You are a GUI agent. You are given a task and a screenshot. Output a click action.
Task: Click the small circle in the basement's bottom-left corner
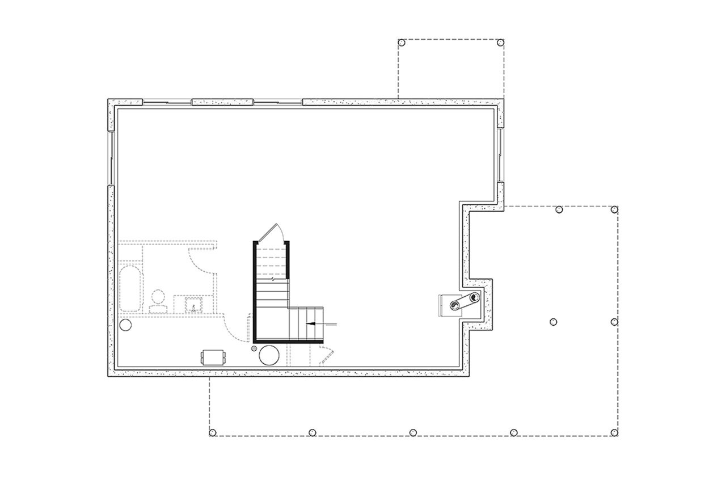coord(125,325)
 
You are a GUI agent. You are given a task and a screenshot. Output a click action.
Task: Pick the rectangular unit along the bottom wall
coord(214,357)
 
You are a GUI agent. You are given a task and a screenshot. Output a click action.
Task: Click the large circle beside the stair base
coord(269,355)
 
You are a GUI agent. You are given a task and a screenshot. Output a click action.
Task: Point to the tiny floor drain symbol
coord(255,348)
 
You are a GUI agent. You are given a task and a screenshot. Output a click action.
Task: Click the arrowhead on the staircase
coord(310,324)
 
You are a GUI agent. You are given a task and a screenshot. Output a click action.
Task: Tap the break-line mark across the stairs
coord(273,279)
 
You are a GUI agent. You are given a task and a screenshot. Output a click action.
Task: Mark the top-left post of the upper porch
coord(402,43)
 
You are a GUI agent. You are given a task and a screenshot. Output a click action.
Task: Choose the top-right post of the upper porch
coord(500,43)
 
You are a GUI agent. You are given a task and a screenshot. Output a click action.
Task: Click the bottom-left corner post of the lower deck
coord(213,433)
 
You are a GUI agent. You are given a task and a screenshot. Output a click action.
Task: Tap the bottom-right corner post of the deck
coord(614,433)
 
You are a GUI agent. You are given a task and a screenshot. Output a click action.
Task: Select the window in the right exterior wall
coord(500,154)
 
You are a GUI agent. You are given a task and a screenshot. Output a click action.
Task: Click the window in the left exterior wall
coord(111,159)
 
